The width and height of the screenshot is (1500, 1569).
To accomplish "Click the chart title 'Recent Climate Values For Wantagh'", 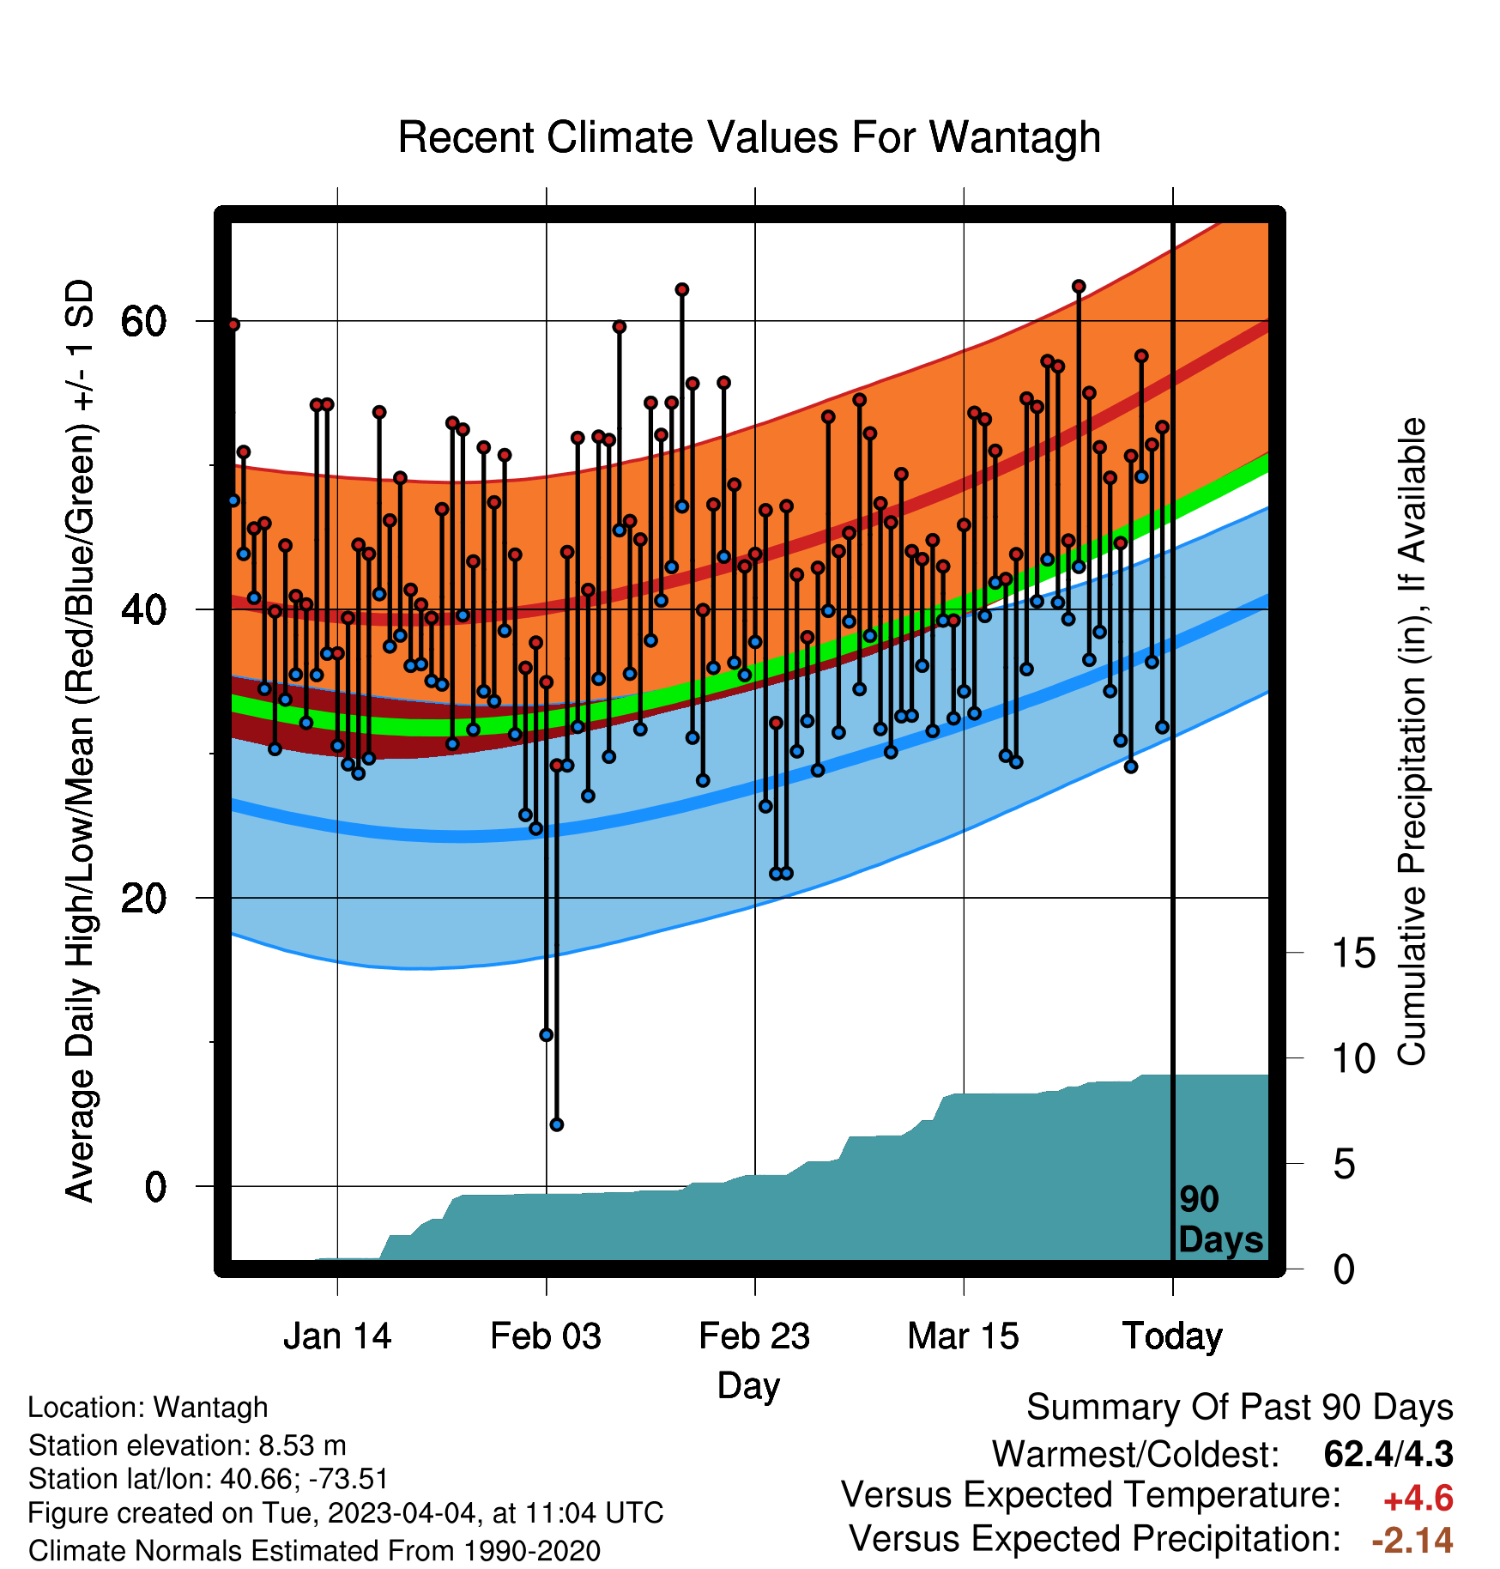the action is point(749,137).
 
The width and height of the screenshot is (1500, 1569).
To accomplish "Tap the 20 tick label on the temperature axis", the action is point(143,898).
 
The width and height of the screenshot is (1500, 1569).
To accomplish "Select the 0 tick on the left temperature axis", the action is point(155,1186).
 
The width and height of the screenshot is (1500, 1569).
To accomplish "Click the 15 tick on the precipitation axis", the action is point(1353,953).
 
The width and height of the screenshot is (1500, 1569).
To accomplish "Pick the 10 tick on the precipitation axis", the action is point(1353,1058).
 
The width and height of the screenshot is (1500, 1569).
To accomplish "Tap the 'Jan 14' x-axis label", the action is point(337,1336).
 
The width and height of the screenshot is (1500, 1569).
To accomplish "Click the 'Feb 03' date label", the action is point(546,1336).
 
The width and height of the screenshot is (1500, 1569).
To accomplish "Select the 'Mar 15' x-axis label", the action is point(964,1336).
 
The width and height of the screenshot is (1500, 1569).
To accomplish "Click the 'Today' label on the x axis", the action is point(1173,1336).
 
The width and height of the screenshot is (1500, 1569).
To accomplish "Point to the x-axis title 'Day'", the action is point(749,1386).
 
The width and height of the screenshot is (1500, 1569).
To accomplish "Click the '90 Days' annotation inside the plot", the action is point(1220,1220).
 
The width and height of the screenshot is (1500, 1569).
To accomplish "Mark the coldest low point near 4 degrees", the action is point(557,1124).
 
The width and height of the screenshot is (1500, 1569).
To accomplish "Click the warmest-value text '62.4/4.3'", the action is point(1388,1454).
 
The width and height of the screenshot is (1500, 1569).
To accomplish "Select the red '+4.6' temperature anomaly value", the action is point(1418,1499).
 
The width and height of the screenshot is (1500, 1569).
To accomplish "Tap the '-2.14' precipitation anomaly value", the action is point(1412,1540).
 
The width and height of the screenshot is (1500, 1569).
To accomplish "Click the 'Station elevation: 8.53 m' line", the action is point(187,1445).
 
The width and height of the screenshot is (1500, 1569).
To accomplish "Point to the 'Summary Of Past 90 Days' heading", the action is point(1240,1408).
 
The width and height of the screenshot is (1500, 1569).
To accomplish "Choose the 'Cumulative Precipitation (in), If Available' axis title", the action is point(1412,742).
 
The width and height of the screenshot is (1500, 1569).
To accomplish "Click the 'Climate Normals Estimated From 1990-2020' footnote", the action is point(314,1551).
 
